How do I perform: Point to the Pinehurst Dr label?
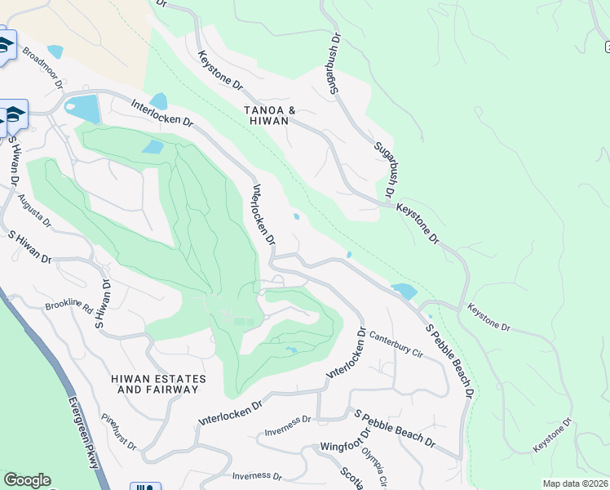pos(119,432)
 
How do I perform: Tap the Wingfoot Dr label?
pos(345,447)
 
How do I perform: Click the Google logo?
pos(27,480)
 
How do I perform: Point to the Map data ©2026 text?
pos(576,483)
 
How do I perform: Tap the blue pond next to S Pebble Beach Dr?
pos(404,291)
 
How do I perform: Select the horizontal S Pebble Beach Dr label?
pos(394,428)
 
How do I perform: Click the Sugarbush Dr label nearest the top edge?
pos(335,65)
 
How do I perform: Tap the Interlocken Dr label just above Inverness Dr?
pos(232,413)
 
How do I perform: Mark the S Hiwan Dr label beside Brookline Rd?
pos(104,304)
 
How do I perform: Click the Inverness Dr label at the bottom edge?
pos(256,476)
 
